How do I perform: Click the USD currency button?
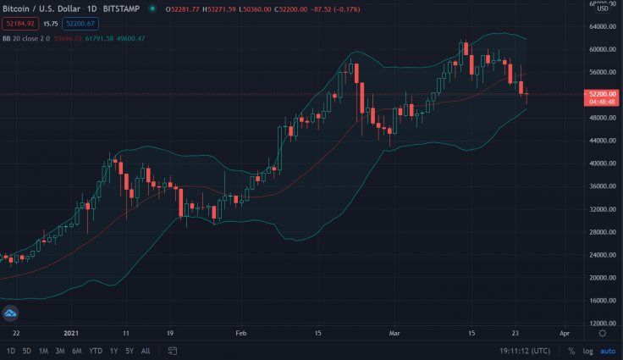tap(603, 8)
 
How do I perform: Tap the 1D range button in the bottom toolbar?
tap(11, 351)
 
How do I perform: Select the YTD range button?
tap(95, 351)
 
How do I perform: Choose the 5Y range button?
tap(129, 351)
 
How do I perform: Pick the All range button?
tap(146, 351)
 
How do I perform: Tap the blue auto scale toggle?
tap(608, 351)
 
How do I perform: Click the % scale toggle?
tap(571, 351)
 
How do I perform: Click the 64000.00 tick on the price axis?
tap(602, 26)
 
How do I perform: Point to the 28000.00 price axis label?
tap(602, 232)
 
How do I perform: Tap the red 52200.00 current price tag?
tap(601, 93)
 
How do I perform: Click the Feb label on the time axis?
tap(240, 334)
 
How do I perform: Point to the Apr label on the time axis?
tap(565, 334)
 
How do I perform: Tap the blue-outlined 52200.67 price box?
tap(80, 23)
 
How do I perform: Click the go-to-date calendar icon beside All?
tap(172, 351)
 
